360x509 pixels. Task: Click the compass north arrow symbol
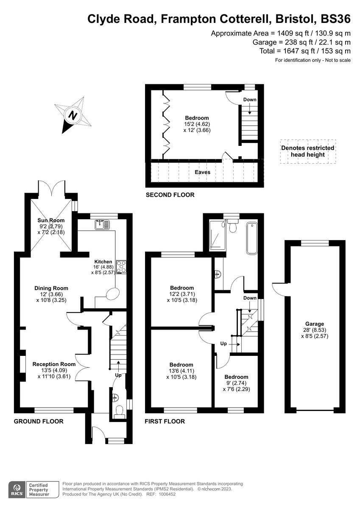[x=73, y=115]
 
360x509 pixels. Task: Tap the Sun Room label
[x=51, y=220]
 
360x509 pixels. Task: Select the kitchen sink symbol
[x=102, y=224]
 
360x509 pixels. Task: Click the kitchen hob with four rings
[x=121, y=266]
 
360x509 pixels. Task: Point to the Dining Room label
[x=51, y=288]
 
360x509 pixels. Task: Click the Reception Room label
[x=54, y=364]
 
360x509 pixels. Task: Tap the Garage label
[x=314, y=324]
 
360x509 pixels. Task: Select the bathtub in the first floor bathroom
[x=251, y=239]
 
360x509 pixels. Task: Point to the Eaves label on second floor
[x=202, y=172]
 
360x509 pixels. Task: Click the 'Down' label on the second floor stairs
[x=250, y=100]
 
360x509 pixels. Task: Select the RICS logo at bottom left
[x=17, y=489]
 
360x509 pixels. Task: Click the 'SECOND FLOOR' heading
[x=170, y=195]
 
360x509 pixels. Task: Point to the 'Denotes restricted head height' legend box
[x=307, y=151]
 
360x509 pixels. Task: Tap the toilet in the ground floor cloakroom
[x=119, y=411]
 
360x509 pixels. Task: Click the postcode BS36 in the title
[x=336, y=19]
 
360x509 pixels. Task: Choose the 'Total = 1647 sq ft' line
[x=305, y=51]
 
